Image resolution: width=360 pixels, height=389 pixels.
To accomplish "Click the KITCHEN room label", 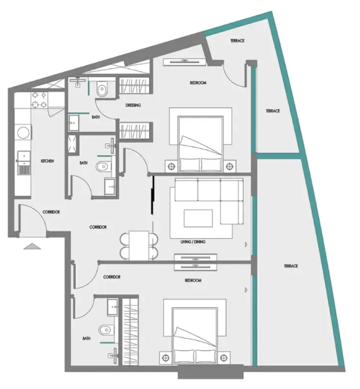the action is click(47, 161).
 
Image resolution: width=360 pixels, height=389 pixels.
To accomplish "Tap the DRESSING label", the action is click(133, 105).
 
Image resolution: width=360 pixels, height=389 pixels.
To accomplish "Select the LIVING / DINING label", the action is click(193, 242).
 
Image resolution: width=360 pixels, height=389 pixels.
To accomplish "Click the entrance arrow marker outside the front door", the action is click(32, 246).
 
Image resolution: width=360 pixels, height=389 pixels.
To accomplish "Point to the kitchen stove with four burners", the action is click(39, 100).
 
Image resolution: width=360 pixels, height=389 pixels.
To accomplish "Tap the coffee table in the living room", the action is click(198, 218).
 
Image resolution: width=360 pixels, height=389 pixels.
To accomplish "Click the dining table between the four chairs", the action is click(139, 246).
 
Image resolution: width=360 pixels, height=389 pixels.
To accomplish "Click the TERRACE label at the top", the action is click(237, 41).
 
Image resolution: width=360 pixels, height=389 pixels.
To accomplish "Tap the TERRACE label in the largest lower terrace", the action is click(291, 266).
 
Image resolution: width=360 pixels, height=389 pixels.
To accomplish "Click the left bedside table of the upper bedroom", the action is click(171, 166).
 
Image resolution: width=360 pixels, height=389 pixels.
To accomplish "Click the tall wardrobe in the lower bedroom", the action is click(130, 332).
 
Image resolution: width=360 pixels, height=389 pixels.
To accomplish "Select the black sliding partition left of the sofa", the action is click(153, 195).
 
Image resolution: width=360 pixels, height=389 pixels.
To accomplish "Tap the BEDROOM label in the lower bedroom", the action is click(193, 280).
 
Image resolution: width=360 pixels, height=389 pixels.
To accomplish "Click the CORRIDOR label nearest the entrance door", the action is click(51, 212).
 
